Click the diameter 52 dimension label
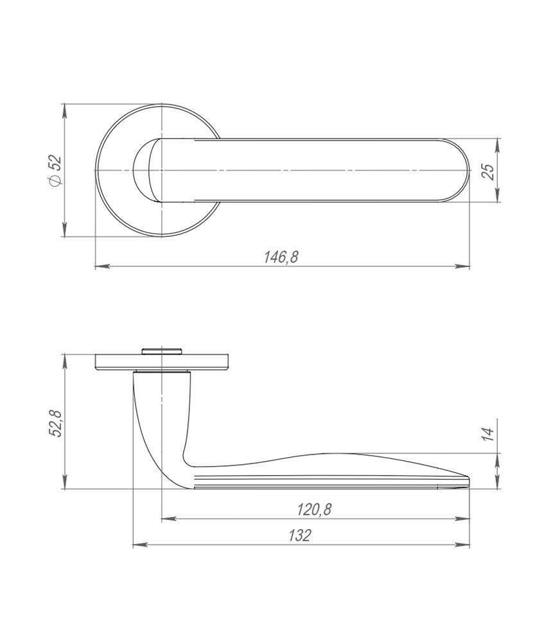[55, 170]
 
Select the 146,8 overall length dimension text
[281, 257]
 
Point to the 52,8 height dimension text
[55, 423]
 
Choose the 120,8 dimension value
[314, 510]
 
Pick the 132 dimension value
[300, 535]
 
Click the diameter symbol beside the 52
[55, 180]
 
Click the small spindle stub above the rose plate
[161, 351]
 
